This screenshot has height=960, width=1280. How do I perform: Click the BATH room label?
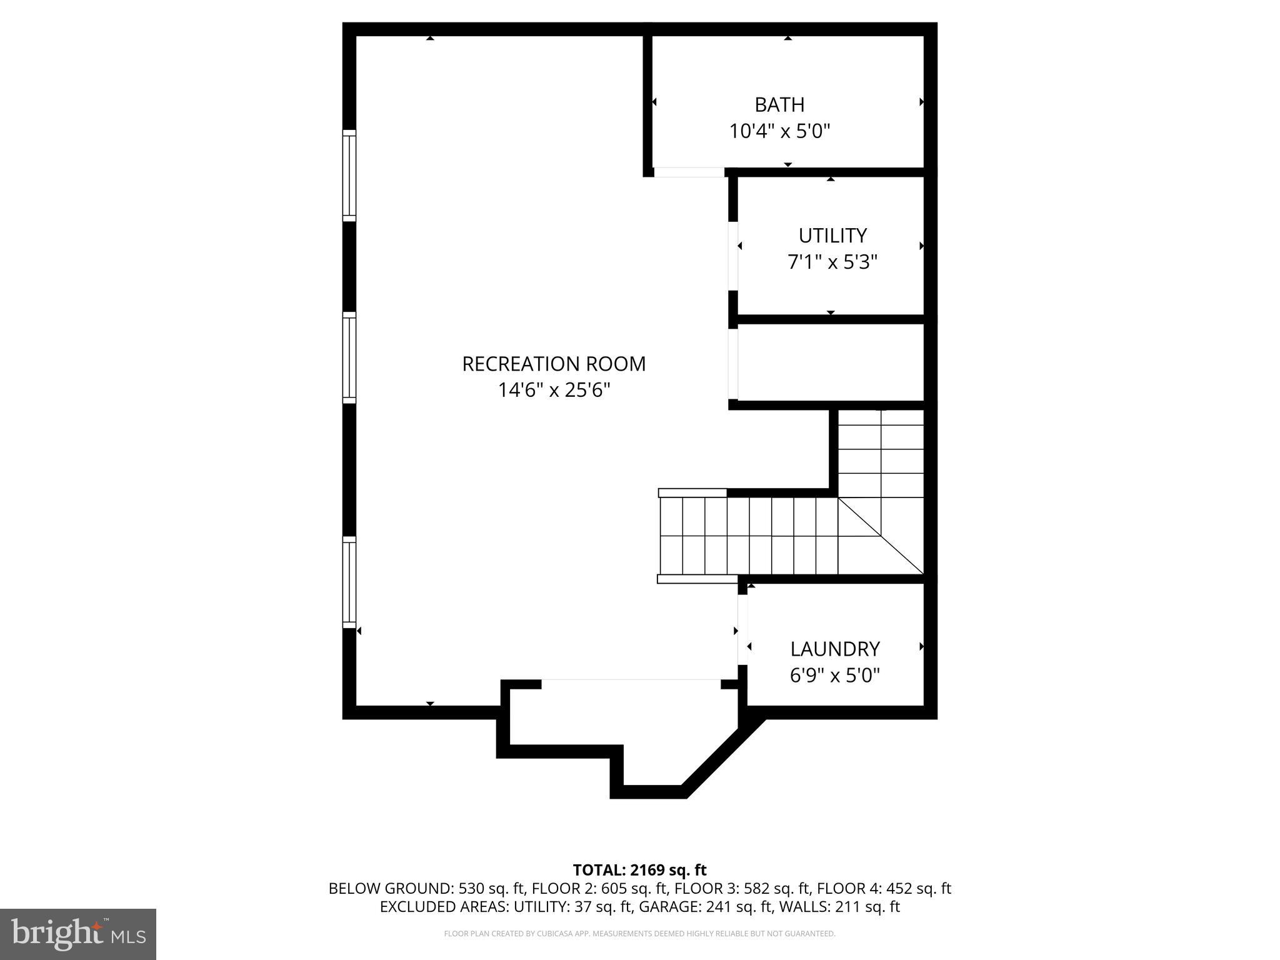tap(779, 104)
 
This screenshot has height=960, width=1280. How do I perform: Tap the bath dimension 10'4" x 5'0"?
tap(779, 131)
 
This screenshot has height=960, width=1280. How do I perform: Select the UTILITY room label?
tap(832, 236)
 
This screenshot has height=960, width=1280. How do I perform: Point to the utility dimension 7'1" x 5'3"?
tap(832, 262)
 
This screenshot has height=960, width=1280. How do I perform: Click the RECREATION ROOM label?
tap(554, 364)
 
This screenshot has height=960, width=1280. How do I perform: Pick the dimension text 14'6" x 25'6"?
tap(554, 391)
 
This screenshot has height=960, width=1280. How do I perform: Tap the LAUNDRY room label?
tap(835, 649)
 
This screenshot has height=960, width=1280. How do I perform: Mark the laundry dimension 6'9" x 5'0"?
tap(835, 676)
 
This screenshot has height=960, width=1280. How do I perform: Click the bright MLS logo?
tap(78, 934)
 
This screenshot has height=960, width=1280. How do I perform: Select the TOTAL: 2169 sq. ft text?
tap(639, 870)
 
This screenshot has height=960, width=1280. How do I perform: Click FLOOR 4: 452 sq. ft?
tap(884, 888)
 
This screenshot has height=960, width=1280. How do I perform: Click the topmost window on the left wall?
tap(349, 175)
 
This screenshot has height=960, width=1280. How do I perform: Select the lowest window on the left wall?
tap(349, 582)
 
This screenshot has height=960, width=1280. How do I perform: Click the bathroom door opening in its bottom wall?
tap(689, 172)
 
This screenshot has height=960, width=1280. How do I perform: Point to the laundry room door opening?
tap(742, 630)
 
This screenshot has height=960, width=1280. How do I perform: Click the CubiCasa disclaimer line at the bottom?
tap(639, 934)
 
